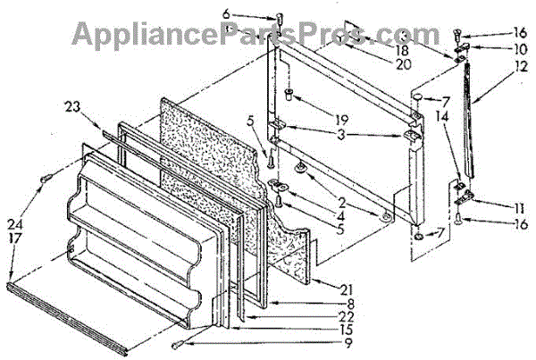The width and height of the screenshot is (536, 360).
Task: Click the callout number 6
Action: [251, 15]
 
